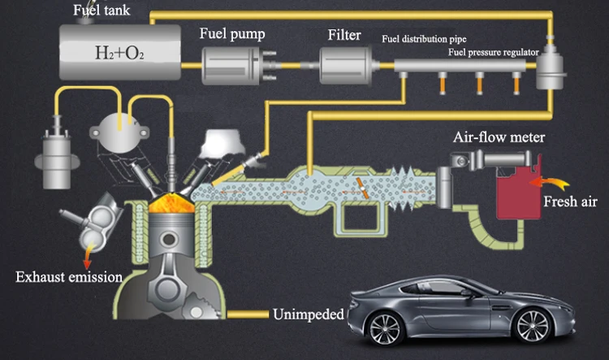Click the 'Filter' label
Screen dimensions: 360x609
(x=344, y=35)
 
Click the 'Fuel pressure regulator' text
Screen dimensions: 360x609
(x=493, y=52)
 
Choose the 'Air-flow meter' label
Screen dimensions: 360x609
(x=499, y=137)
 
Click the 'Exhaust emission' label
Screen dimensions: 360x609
(x=69, y=277)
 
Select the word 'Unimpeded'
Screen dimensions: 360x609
(x=309, y=314)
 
